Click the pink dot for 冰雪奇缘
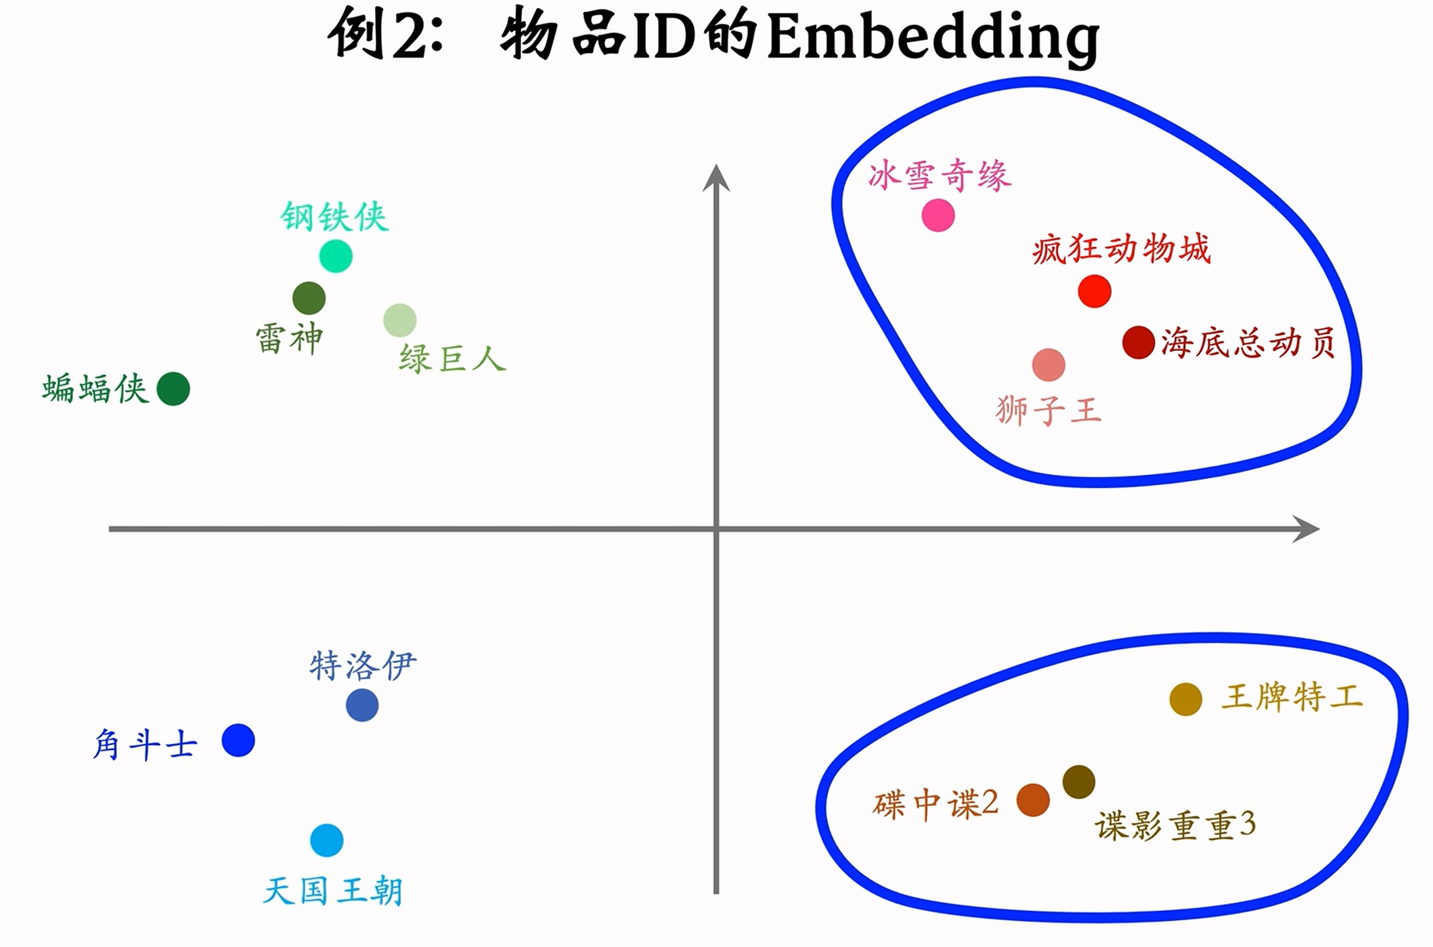tap(938, 215)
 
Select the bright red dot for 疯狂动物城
tap(1095, 291)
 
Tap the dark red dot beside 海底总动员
tap(1139, 342)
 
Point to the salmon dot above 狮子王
tap(1049, 365)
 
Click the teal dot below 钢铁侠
tap(336, 256)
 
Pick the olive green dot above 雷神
tap(309, 298)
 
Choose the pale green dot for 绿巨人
tap(400, 320)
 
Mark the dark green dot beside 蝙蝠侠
tap(173, 389)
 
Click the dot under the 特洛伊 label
tap(362, 705)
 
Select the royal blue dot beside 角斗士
tap(238, 740)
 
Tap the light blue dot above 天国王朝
tap(327, 841)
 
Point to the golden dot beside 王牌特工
tap(1186, 699)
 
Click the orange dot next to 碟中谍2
tap(1034, 800)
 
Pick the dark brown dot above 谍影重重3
tap(1079, 782)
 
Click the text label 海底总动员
tap(1248, 343)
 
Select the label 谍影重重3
tap(1175, 826)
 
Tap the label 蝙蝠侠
tap(95, 389)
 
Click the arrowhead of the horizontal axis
tap(1307, 528)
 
